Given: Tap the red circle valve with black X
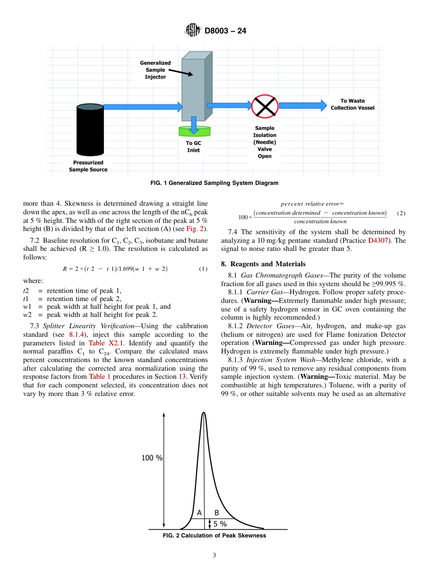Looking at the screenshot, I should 265,106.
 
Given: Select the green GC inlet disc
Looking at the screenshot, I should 194,131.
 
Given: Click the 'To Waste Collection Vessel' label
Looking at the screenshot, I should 352,104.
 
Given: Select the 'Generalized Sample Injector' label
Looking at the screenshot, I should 155,70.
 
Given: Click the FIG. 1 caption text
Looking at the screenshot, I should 214,183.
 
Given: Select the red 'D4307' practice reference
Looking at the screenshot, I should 378,240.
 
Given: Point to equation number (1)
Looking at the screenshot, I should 203,269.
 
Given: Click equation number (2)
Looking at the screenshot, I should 401,213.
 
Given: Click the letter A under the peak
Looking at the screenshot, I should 199,513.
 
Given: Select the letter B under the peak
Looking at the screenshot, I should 217,513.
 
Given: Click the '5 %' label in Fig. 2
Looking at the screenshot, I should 220,524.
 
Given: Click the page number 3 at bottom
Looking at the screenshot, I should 214,556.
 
